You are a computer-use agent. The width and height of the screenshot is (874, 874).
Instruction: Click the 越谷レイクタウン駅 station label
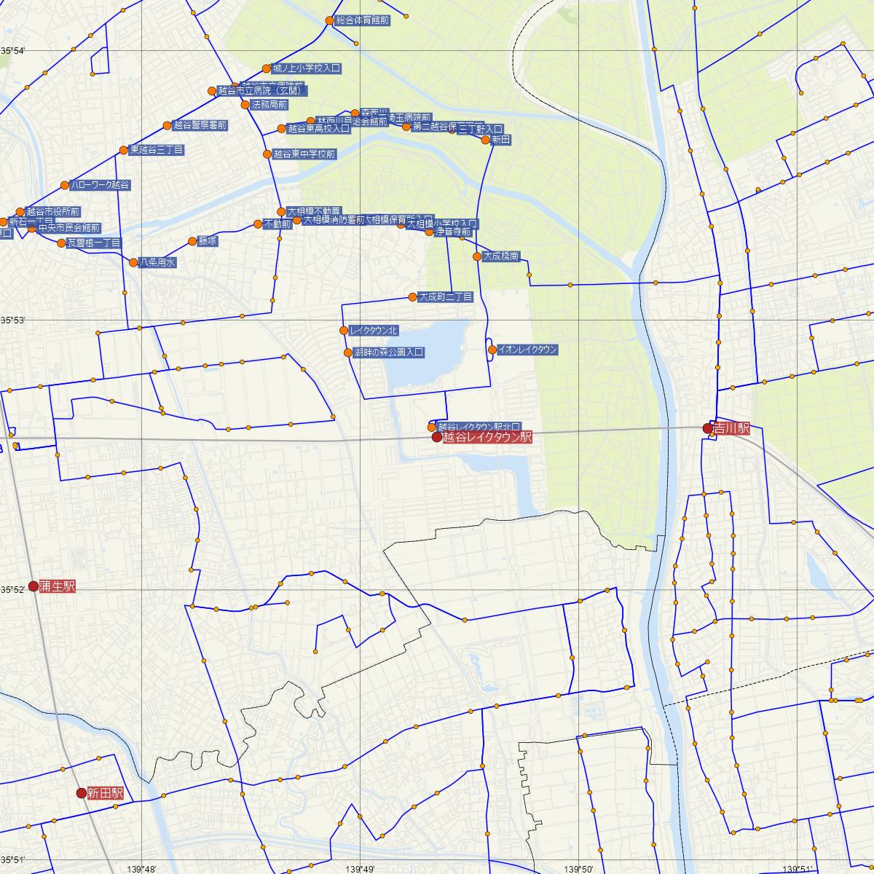click(487, 438)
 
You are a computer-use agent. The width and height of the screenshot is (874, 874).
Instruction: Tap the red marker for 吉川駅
click(707, 428)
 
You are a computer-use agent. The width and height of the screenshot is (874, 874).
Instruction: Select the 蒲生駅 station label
click(58, 586)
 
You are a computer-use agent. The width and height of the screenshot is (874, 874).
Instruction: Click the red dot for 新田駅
click(82, 792)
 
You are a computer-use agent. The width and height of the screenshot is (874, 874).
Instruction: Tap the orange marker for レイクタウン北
click(344, 331)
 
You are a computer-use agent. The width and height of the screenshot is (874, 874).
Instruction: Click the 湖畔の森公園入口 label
click(388, 353)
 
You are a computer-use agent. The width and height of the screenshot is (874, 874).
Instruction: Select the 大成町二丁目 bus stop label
click(445, 297)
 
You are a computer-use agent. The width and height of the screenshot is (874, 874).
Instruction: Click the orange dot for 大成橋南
click(477, 256)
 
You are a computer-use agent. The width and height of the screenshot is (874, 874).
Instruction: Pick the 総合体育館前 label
click(362, 21)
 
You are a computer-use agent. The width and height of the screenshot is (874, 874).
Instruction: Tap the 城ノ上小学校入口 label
click(307, 68)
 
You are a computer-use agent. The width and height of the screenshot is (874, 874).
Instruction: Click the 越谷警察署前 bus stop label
click(200, 125)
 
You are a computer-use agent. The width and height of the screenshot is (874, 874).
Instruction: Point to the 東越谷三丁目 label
click(157, 150)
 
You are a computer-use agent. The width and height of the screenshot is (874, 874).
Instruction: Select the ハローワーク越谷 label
click(100, 185)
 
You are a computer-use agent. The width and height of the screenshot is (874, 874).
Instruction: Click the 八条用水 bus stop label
click(157, 262)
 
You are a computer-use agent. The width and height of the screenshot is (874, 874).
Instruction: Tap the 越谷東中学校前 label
click(304, 154)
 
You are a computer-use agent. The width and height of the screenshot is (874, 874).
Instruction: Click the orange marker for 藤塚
click(192, 241)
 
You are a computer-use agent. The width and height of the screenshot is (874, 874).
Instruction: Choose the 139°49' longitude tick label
click(361, 869)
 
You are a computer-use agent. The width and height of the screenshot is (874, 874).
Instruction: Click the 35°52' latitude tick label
click(12, 589)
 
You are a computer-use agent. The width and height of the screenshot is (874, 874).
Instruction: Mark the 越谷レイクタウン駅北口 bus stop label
click(479, 427)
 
